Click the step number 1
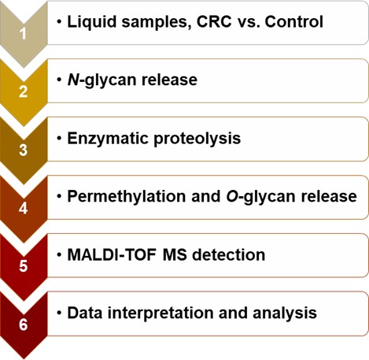click(24, 34)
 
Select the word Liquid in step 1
click(92, 21)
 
